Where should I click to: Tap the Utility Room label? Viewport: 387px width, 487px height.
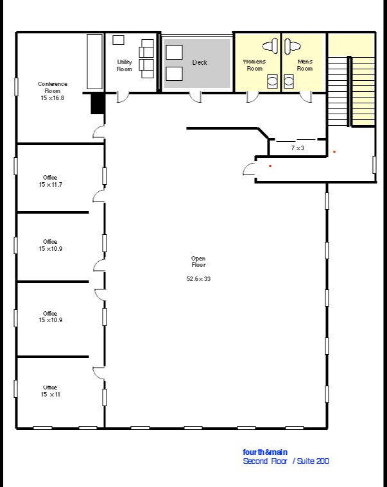click(x=125, y=65)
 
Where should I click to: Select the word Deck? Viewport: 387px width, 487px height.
click(x=200, y=62)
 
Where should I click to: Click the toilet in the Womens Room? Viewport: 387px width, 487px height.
click(x=270, y=46)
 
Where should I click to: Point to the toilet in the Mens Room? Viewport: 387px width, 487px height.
click(x=293, y=46)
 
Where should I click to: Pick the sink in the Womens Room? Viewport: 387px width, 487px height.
click(x=272, y=81)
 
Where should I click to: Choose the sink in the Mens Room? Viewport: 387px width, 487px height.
click(x=289, y=81)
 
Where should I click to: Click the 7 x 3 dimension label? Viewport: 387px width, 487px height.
click(x=298, y=148)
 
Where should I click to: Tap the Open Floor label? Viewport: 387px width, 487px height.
click(x=198, y=262)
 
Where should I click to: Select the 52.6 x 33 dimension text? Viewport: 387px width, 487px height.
click(x=198, y=279)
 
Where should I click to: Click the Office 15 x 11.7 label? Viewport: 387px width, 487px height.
click(x=50, y=181)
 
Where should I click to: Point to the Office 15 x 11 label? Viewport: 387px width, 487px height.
click(x=50, y=391)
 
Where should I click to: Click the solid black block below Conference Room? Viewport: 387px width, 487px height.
click(x=97, y=104)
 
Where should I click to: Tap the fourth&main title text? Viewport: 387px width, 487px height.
click(x=265, y=452)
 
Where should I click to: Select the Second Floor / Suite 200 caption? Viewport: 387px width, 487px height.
click(x=286, y=461)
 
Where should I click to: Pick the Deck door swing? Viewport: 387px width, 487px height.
click(x=195, y=98)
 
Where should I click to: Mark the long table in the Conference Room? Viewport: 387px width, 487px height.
click(x=95, y=62)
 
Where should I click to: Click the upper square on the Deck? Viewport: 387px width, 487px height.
click(x=174, y=52)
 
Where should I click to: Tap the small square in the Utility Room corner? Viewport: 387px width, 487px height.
click(x=118, y=40)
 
